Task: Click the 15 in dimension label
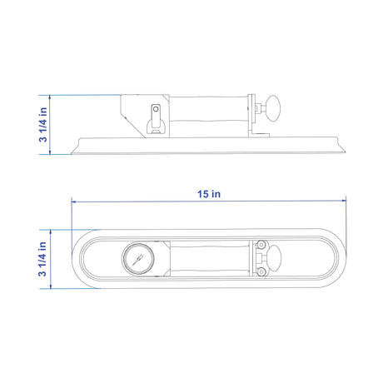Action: click(x=209, y=194)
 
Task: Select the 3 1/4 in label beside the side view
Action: click(x=43, y=125)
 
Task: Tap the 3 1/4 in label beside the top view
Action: click(x=42, y=259)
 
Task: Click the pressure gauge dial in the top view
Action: click(x=138, y=258)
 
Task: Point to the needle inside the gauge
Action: click(x=137, y=260)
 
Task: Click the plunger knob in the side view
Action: click(x=273, y=108)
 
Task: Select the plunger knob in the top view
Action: click(x=274, y=258)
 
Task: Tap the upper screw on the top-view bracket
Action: click(x=261, y=245)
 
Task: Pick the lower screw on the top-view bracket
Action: click(x=261, y=271)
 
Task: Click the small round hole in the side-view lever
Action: click(x=156, y=109)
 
